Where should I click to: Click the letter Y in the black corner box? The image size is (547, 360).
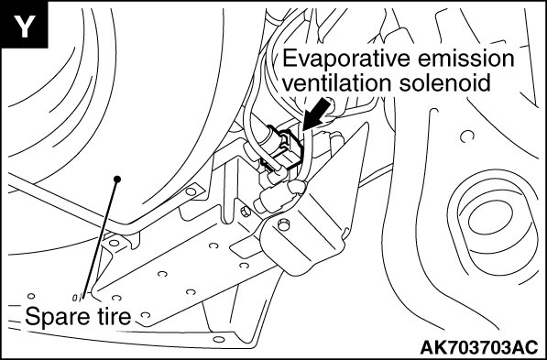[24, 26]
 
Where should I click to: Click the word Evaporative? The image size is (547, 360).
[346, 59]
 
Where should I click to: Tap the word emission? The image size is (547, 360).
[466, 58]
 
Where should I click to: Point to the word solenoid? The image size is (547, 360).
[445, 83]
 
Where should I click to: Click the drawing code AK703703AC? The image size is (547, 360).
[479, 347]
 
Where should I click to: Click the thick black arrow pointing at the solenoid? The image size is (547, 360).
[316, 114]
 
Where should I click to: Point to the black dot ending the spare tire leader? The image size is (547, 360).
[117, 179]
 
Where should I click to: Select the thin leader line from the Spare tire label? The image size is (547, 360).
[100, 239]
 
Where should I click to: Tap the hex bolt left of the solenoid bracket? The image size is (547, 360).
[246, 212]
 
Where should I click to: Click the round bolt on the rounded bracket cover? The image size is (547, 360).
[284, 225]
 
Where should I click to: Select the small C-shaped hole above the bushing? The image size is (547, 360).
[467, 136]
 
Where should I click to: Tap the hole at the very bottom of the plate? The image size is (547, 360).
[218, 339]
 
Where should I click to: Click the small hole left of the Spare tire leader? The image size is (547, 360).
[31, 296]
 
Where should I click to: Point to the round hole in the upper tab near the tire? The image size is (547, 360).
[191, 191]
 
